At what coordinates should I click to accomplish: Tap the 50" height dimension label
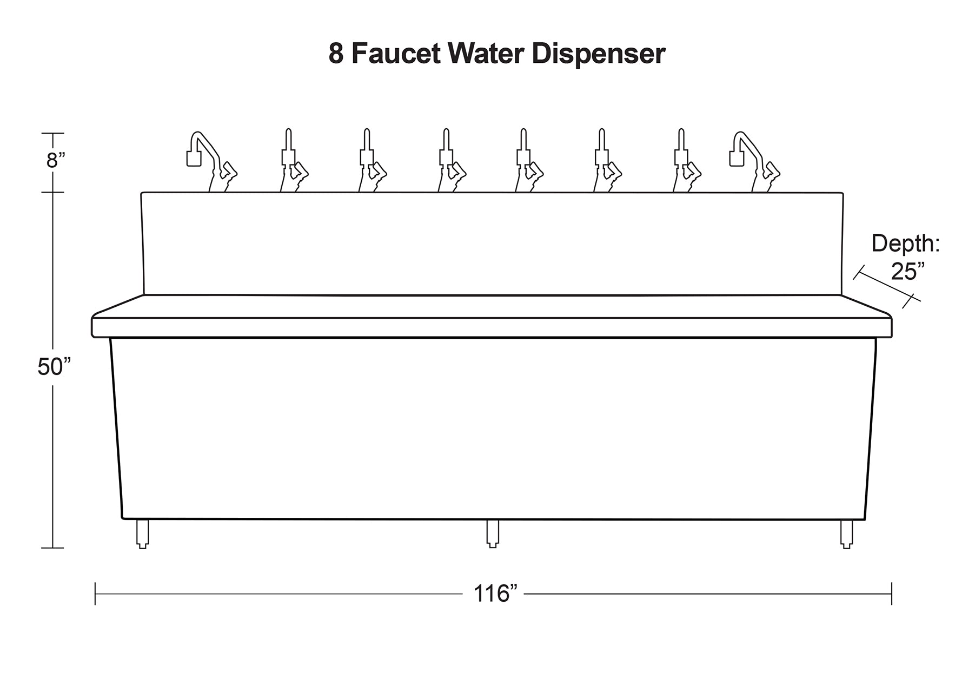[x=54, y=367]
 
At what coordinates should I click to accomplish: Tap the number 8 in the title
[x=336, y=54]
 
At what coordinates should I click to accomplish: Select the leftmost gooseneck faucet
[x=211, y=162]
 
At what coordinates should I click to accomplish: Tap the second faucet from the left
[x=294, y=160]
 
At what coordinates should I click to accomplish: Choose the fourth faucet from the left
[x=452, y=160]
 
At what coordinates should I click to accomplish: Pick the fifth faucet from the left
[x=529, y=160]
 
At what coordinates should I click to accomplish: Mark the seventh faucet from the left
[x=687, y=160]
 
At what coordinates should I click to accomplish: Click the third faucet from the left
[x=373, y=160]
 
